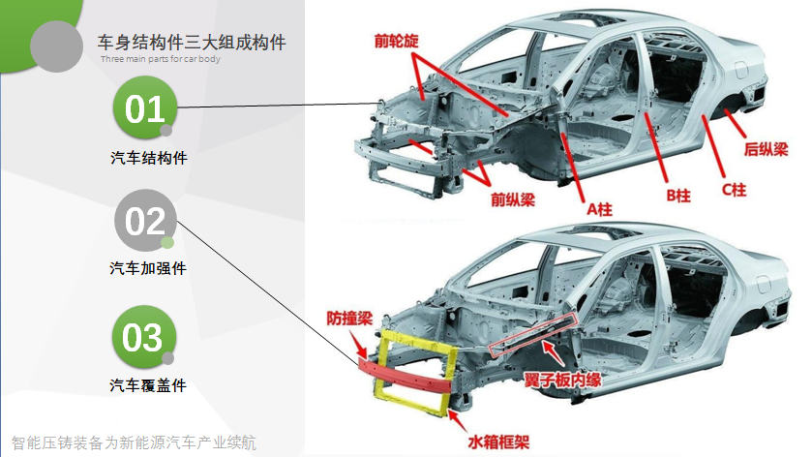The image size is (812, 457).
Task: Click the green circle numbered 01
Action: pos(146,109)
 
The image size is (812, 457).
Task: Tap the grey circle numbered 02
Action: pos(146,222)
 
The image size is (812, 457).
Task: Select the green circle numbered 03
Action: pos(144,338)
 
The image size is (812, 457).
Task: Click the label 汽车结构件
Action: pos(148,158)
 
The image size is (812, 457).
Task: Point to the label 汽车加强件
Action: pos(148,268)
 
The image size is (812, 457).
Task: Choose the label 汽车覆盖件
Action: pos(148,385)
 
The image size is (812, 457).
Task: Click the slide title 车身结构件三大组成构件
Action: pos(192,43)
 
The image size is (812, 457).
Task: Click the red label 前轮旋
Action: pos(399,42)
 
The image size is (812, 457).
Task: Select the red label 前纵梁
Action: pos(513,200)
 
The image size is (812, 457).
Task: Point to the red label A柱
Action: pos(600,208)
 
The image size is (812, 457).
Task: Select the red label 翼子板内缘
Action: pos(563,379)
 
